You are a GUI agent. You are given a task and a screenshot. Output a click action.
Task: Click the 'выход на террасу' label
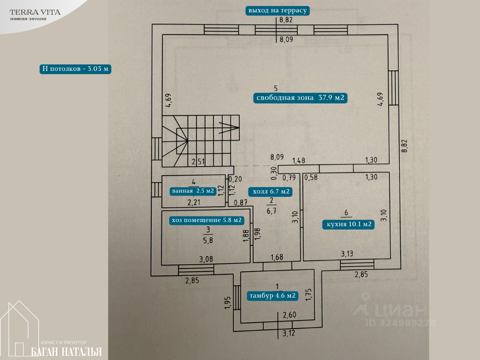(277, 10)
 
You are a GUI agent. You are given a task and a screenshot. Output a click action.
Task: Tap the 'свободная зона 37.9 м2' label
(300, 98)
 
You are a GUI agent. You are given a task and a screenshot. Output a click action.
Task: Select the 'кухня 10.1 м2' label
(349, 224)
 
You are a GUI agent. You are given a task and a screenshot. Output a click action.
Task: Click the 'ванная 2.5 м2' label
(193, 191)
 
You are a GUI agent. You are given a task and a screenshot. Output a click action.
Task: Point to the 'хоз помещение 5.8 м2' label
(206, 220)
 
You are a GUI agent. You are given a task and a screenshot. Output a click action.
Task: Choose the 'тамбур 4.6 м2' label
(273, 295)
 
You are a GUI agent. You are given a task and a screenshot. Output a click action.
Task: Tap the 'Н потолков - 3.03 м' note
(75, 69)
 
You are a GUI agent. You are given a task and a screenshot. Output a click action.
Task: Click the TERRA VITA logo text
(35, 12)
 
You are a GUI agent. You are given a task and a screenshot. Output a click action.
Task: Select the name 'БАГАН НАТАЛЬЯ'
(66, 352)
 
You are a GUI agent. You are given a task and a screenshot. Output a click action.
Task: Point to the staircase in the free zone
(201, 141)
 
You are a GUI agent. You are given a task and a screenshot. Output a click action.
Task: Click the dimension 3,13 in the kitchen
(347, 254)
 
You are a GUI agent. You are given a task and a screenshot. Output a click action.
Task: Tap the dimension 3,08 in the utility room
(206, 259)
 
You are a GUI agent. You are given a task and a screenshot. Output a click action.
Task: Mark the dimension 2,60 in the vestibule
(289, 315)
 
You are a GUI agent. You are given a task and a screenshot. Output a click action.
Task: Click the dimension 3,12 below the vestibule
(289, 333)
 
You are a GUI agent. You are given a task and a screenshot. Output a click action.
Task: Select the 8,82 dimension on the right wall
(404, 145)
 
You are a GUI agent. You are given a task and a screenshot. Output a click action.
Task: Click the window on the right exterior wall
(393, 88)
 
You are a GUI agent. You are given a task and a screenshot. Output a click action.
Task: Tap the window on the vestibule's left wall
(237, 297)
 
